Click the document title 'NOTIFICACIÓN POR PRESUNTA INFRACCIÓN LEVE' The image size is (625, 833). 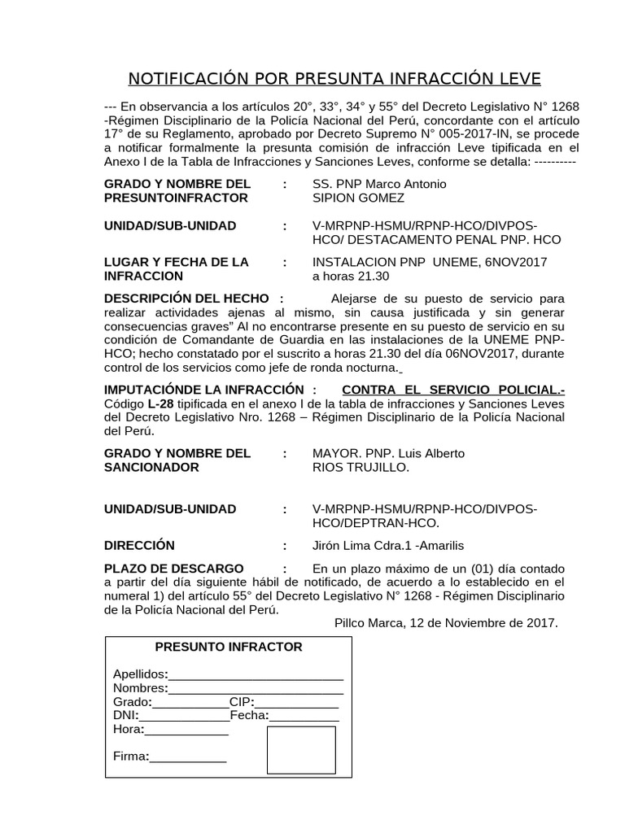334,79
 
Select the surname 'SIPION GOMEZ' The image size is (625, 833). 358,198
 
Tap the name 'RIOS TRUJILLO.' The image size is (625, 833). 361,467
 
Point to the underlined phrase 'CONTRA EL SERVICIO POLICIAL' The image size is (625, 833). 452,390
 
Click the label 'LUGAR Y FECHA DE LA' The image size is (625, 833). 177,262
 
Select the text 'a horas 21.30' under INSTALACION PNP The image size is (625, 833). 351,276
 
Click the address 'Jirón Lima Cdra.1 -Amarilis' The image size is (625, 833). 389,545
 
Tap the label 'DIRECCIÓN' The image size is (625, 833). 139,545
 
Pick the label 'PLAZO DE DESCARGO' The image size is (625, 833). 173,568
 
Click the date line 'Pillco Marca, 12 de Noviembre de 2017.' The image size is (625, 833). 446,623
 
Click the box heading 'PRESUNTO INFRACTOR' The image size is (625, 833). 229,647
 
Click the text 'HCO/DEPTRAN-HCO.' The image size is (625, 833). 376,522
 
